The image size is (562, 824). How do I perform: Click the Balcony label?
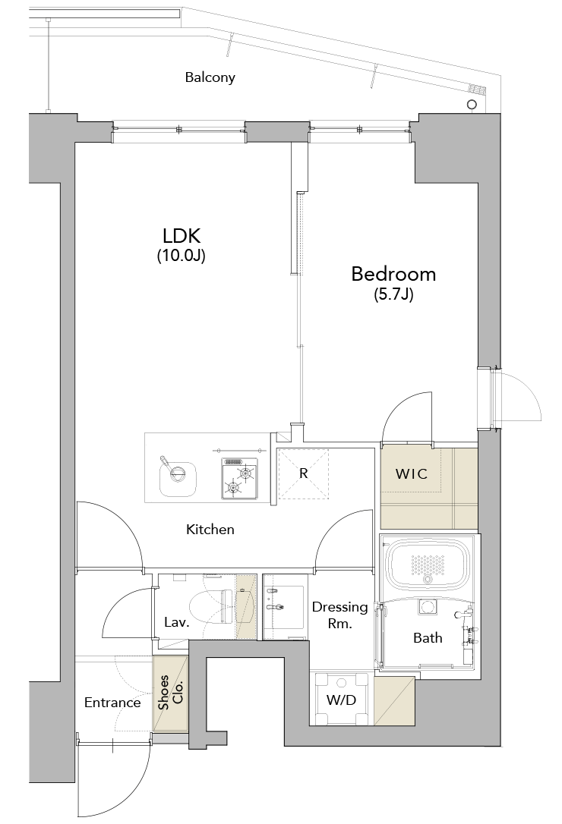(210, 77)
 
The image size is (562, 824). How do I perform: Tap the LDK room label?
(182, 235)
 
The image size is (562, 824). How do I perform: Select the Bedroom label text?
(393, 274)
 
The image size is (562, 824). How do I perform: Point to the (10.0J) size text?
(181, 256)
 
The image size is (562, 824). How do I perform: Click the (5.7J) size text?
(393, 295)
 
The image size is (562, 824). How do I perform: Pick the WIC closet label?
(412, 474)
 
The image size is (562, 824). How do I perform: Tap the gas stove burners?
(239, 479)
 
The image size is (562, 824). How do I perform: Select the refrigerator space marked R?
(303, 474)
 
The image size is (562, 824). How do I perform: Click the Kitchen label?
(210, 529)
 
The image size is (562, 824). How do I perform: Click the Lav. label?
(177, 623)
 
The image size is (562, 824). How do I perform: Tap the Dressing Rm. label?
(340, 615)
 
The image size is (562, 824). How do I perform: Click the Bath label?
(428, 638)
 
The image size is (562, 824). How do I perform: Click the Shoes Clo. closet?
(170, 693)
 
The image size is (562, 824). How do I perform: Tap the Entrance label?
(112, 703)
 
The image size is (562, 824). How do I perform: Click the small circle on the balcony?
(472, 104)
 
